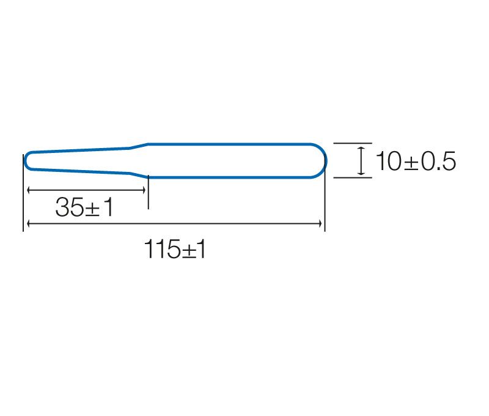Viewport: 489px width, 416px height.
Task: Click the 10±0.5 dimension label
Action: (416, 161)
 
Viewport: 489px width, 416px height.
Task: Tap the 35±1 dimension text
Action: (84, 207)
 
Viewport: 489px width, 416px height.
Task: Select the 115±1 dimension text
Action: (175, 249)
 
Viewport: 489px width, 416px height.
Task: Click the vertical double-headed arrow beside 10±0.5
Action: (361, 160)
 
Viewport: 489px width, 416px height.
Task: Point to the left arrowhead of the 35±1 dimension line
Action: (28, 190)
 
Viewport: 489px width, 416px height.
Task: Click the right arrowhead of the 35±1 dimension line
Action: (144, 190)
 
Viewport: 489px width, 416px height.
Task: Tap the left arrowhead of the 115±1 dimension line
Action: (28, 223)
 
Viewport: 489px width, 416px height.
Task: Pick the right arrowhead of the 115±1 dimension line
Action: (320, 223)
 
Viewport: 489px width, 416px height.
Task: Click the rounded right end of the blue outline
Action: (325, 161)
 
